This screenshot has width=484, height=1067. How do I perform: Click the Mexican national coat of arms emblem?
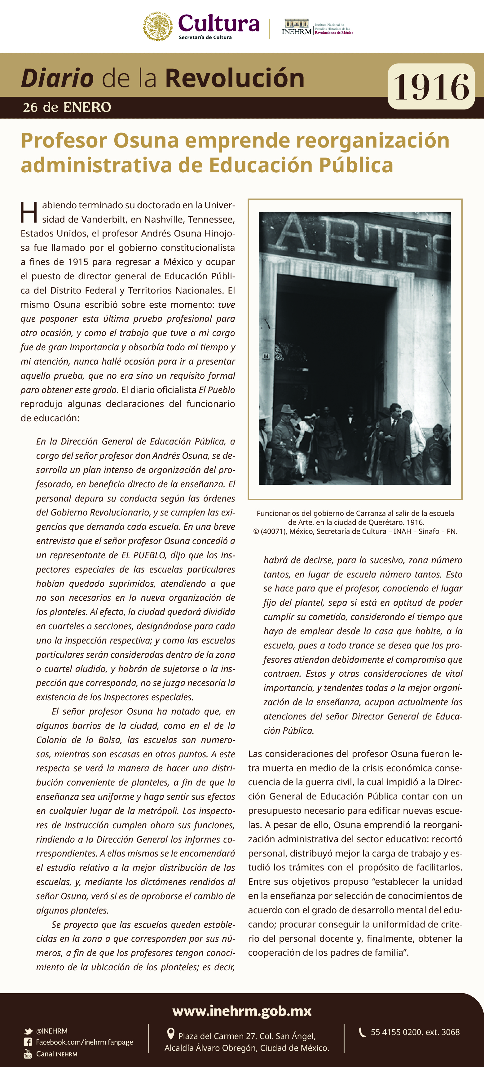coord(158,26)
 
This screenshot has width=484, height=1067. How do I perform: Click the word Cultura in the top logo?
coord(219,24)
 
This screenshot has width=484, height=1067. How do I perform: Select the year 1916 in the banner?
coord(431,86)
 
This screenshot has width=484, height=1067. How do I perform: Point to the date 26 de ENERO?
coord(67,107)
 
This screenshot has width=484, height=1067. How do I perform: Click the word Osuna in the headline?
coord(146,140)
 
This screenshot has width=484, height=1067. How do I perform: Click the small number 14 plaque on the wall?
coord(266,356)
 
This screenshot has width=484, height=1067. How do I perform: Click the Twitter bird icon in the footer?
coord(28,1031)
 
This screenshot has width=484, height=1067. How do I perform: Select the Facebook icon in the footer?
coord(28,1042)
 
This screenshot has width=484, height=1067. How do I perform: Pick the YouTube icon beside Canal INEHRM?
coord(28,1054)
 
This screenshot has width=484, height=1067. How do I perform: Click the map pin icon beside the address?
coord(170,1034)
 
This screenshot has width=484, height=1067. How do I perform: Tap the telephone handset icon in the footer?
coord(362,1032)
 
